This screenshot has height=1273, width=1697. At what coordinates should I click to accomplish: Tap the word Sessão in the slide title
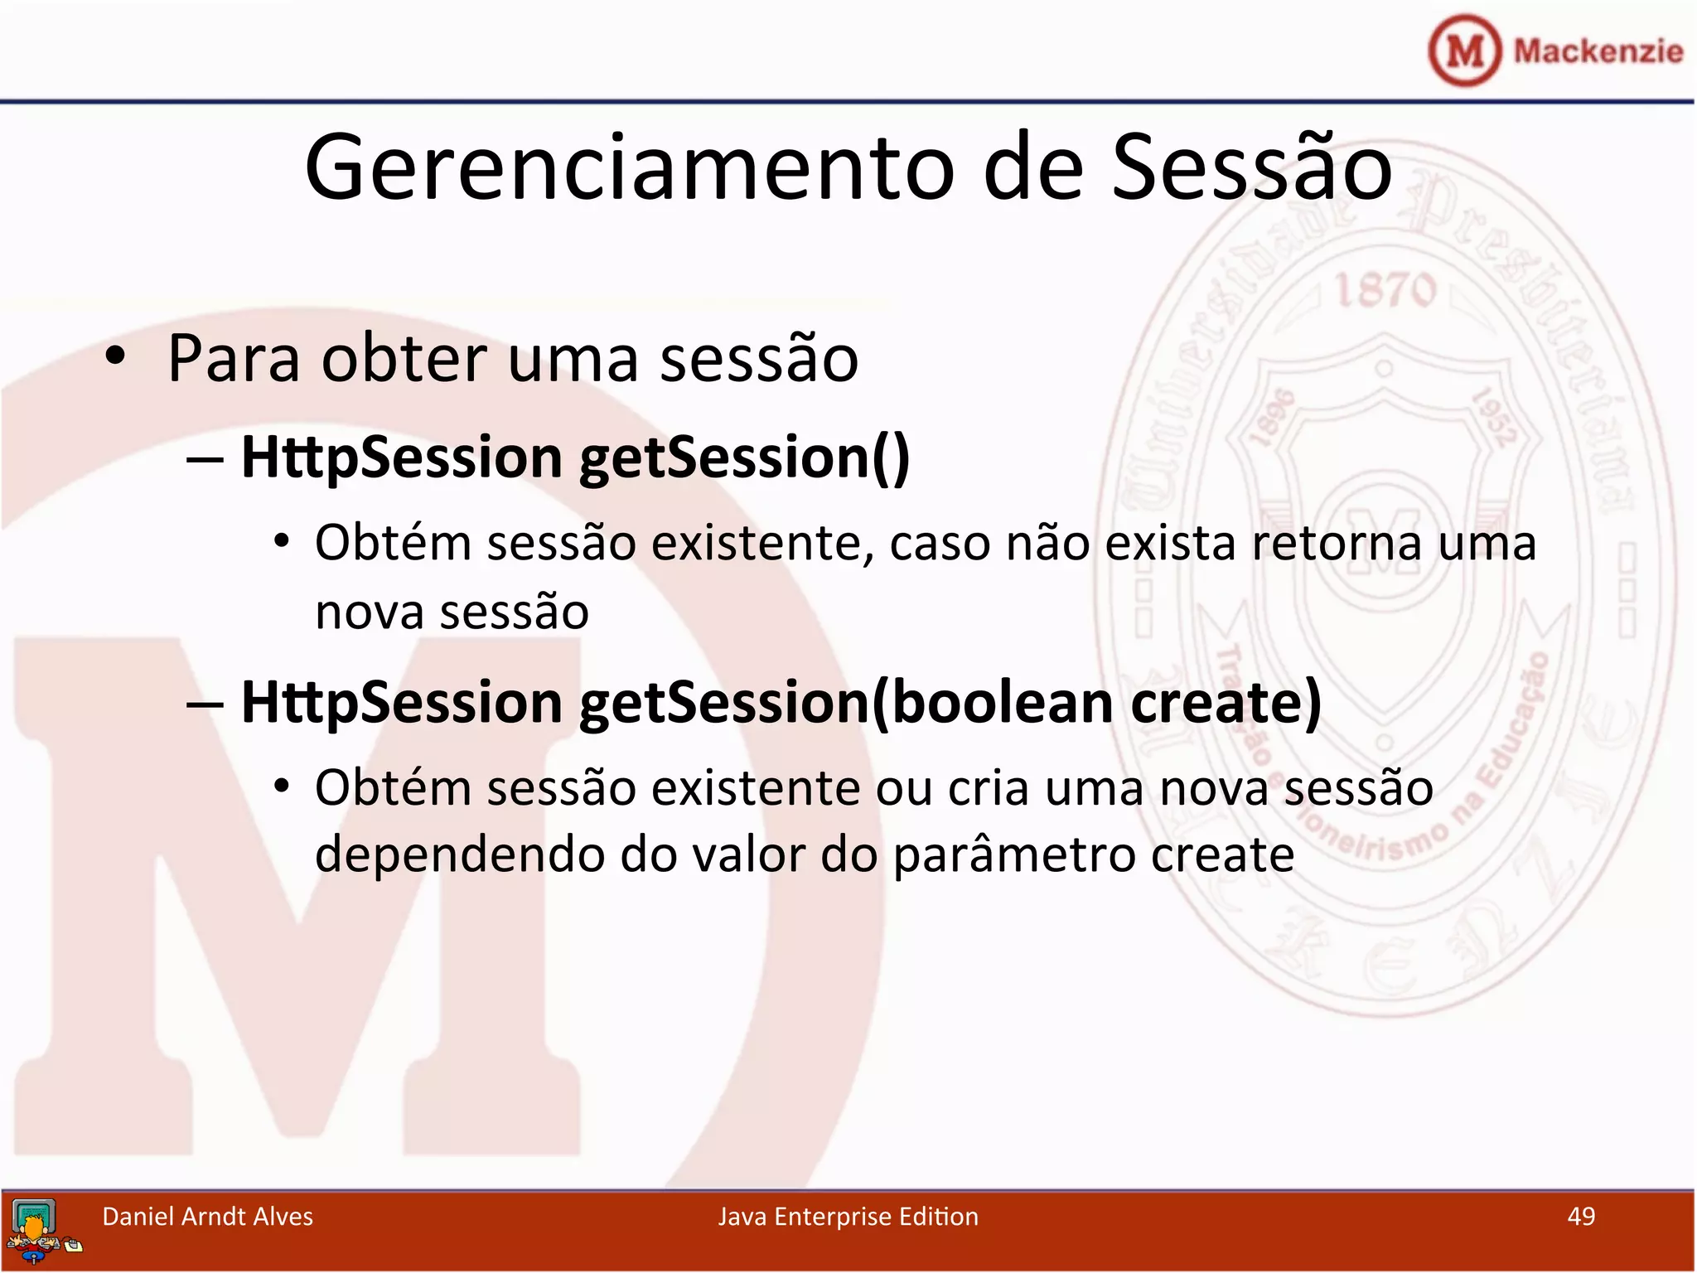(x=1251, y=168)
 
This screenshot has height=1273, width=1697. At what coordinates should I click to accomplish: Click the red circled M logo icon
(x=1464, y=51)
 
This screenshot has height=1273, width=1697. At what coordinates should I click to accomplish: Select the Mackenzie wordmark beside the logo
(x=1598, y=51)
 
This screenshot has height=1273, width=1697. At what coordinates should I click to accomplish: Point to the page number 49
(x=1581, y=1216)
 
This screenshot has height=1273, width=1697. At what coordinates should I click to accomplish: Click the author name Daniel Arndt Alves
(x=207, y=1216)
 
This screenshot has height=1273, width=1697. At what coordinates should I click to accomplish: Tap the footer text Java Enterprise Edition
(x=848, y=1216)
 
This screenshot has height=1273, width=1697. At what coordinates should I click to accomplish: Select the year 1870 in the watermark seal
(x=1385, y=291)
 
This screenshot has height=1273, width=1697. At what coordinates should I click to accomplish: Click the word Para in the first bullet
(x=234, y=359)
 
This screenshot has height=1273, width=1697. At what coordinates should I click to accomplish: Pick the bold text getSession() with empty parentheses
(x=744, y=457)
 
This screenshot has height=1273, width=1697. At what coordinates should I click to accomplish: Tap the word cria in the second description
(x=988, y=787)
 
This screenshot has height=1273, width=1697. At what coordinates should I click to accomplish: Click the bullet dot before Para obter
(x=115, y=356)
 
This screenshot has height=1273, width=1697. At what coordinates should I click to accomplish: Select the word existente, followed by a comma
(x=762, y=544)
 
